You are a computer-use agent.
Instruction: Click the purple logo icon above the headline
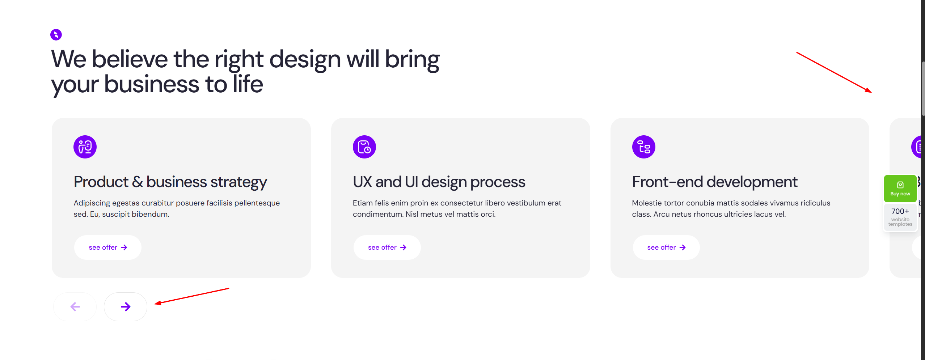[x=56, y=35]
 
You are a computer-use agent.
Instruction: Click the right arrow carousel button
[x=126, y=307]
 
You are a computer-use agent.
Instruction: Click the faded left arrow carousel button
[x=75, y=307]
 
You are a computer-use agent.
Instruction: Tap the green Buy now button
[x=900, y=189]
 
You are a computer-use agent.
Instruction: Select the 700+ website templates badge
[x=900, y=217]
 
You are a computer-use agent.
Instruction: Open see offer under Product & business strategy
[x=108, y=247]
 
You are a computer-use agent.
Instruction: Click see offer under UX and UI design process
[x=387, y=247]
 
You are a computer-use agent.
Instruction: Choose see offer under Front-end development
[x=666, y=247]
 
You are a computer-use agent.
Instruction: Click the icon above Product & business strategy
[x=85, y=147]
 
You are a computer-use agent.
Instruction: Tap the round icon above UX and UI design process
[x=364, y=147]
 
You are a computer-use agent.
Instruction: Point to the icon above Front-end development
[x=644, y=147]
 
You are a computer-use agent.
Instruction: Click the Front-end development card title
[x=715, y=182]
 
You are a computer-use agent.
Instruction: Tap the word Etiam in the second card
[x=363, y=203]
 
